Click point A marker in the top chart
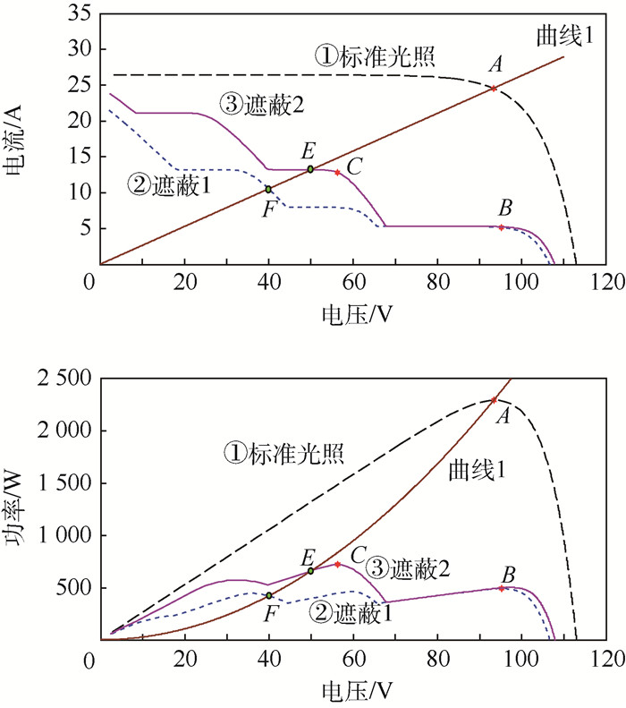(494, 88)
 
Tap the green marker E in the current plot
(310, 168)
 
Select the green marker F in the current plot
(268, 189)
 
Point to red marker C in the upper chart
(337, 172)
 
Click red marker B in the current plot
(501, 227)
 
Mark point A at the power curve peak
(494, 400)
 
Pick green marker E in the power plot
(310, 570)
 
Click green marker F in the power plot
(268, 595)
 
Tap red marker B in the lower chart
(501, 588)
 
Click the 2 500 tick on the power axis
(62, 380)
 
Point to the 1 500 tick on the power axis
(62, 484)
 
